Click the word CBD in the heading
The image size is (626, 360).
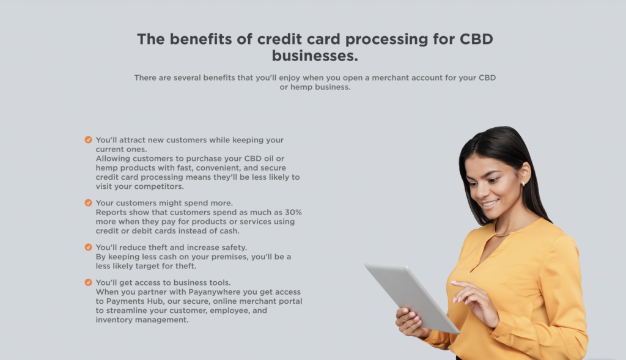pos(476,39)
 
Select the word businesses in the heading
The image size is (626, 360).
pos(315,56)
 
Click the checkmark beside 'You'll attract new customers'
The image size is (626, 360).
pos(88,140)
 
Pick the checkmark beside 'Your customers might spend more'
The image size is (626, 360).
pos(88,203)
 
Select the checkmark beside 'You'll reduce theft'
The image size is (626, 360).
pos(88,247)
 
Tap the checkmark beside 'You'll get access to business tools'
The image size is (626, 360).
pos(88,282)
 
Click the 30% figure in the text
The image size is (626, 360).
pos(293,212)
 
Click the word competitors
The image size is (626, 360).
pos(159,187)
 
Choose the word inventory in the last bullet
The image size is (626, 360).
pos(114,320)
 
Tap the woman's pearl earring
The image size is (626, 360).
pos(523,184)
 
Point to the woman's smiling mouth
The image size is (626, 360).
pos(490,204)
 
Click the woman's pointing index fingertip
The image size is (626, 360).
pos(453,282)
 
